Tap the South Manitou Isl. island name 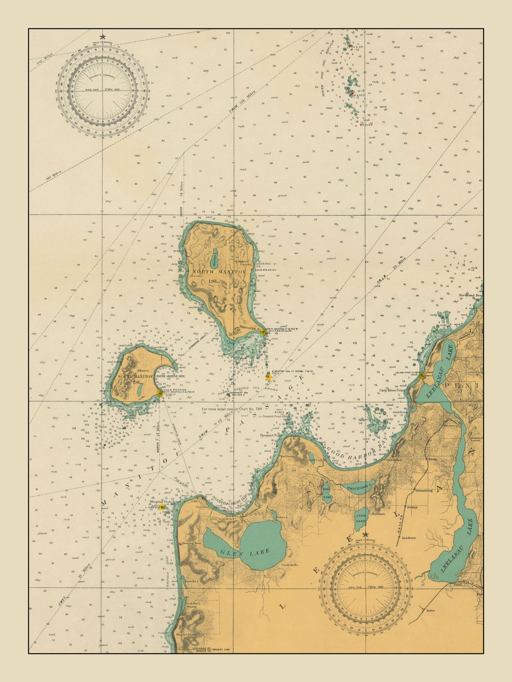(131, 379)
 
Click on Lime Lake (361, 518)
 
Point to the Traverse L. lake (358, 487)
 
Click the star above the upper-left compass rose (102, 37)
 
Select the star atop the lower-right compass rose (365, 535)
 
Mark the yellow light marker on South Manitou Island (160, 393)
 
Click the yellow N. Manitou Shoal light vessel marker (269, 377)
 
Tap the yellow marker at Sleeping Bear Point (162, 507)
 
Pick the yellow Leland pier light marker (421, 376)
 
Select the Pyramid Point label (271, 435)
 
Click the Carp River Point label (391, 391)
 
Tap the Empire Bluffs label (186, 635)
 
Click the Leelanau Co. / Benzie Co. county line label (211, 649)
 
